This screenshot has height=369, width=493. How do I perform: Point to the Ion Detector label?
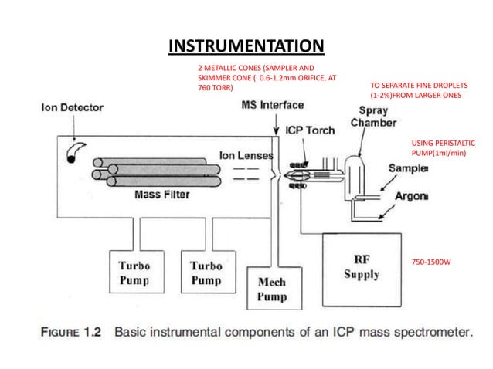pyautogui.click(x=72, y=108)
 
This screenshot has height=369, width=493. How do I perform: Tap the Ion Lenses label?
pyautogui.click(x=246, y=154)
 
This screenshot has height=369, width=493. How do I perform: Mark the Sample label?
pyautogui.click(x=409, y=167)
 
